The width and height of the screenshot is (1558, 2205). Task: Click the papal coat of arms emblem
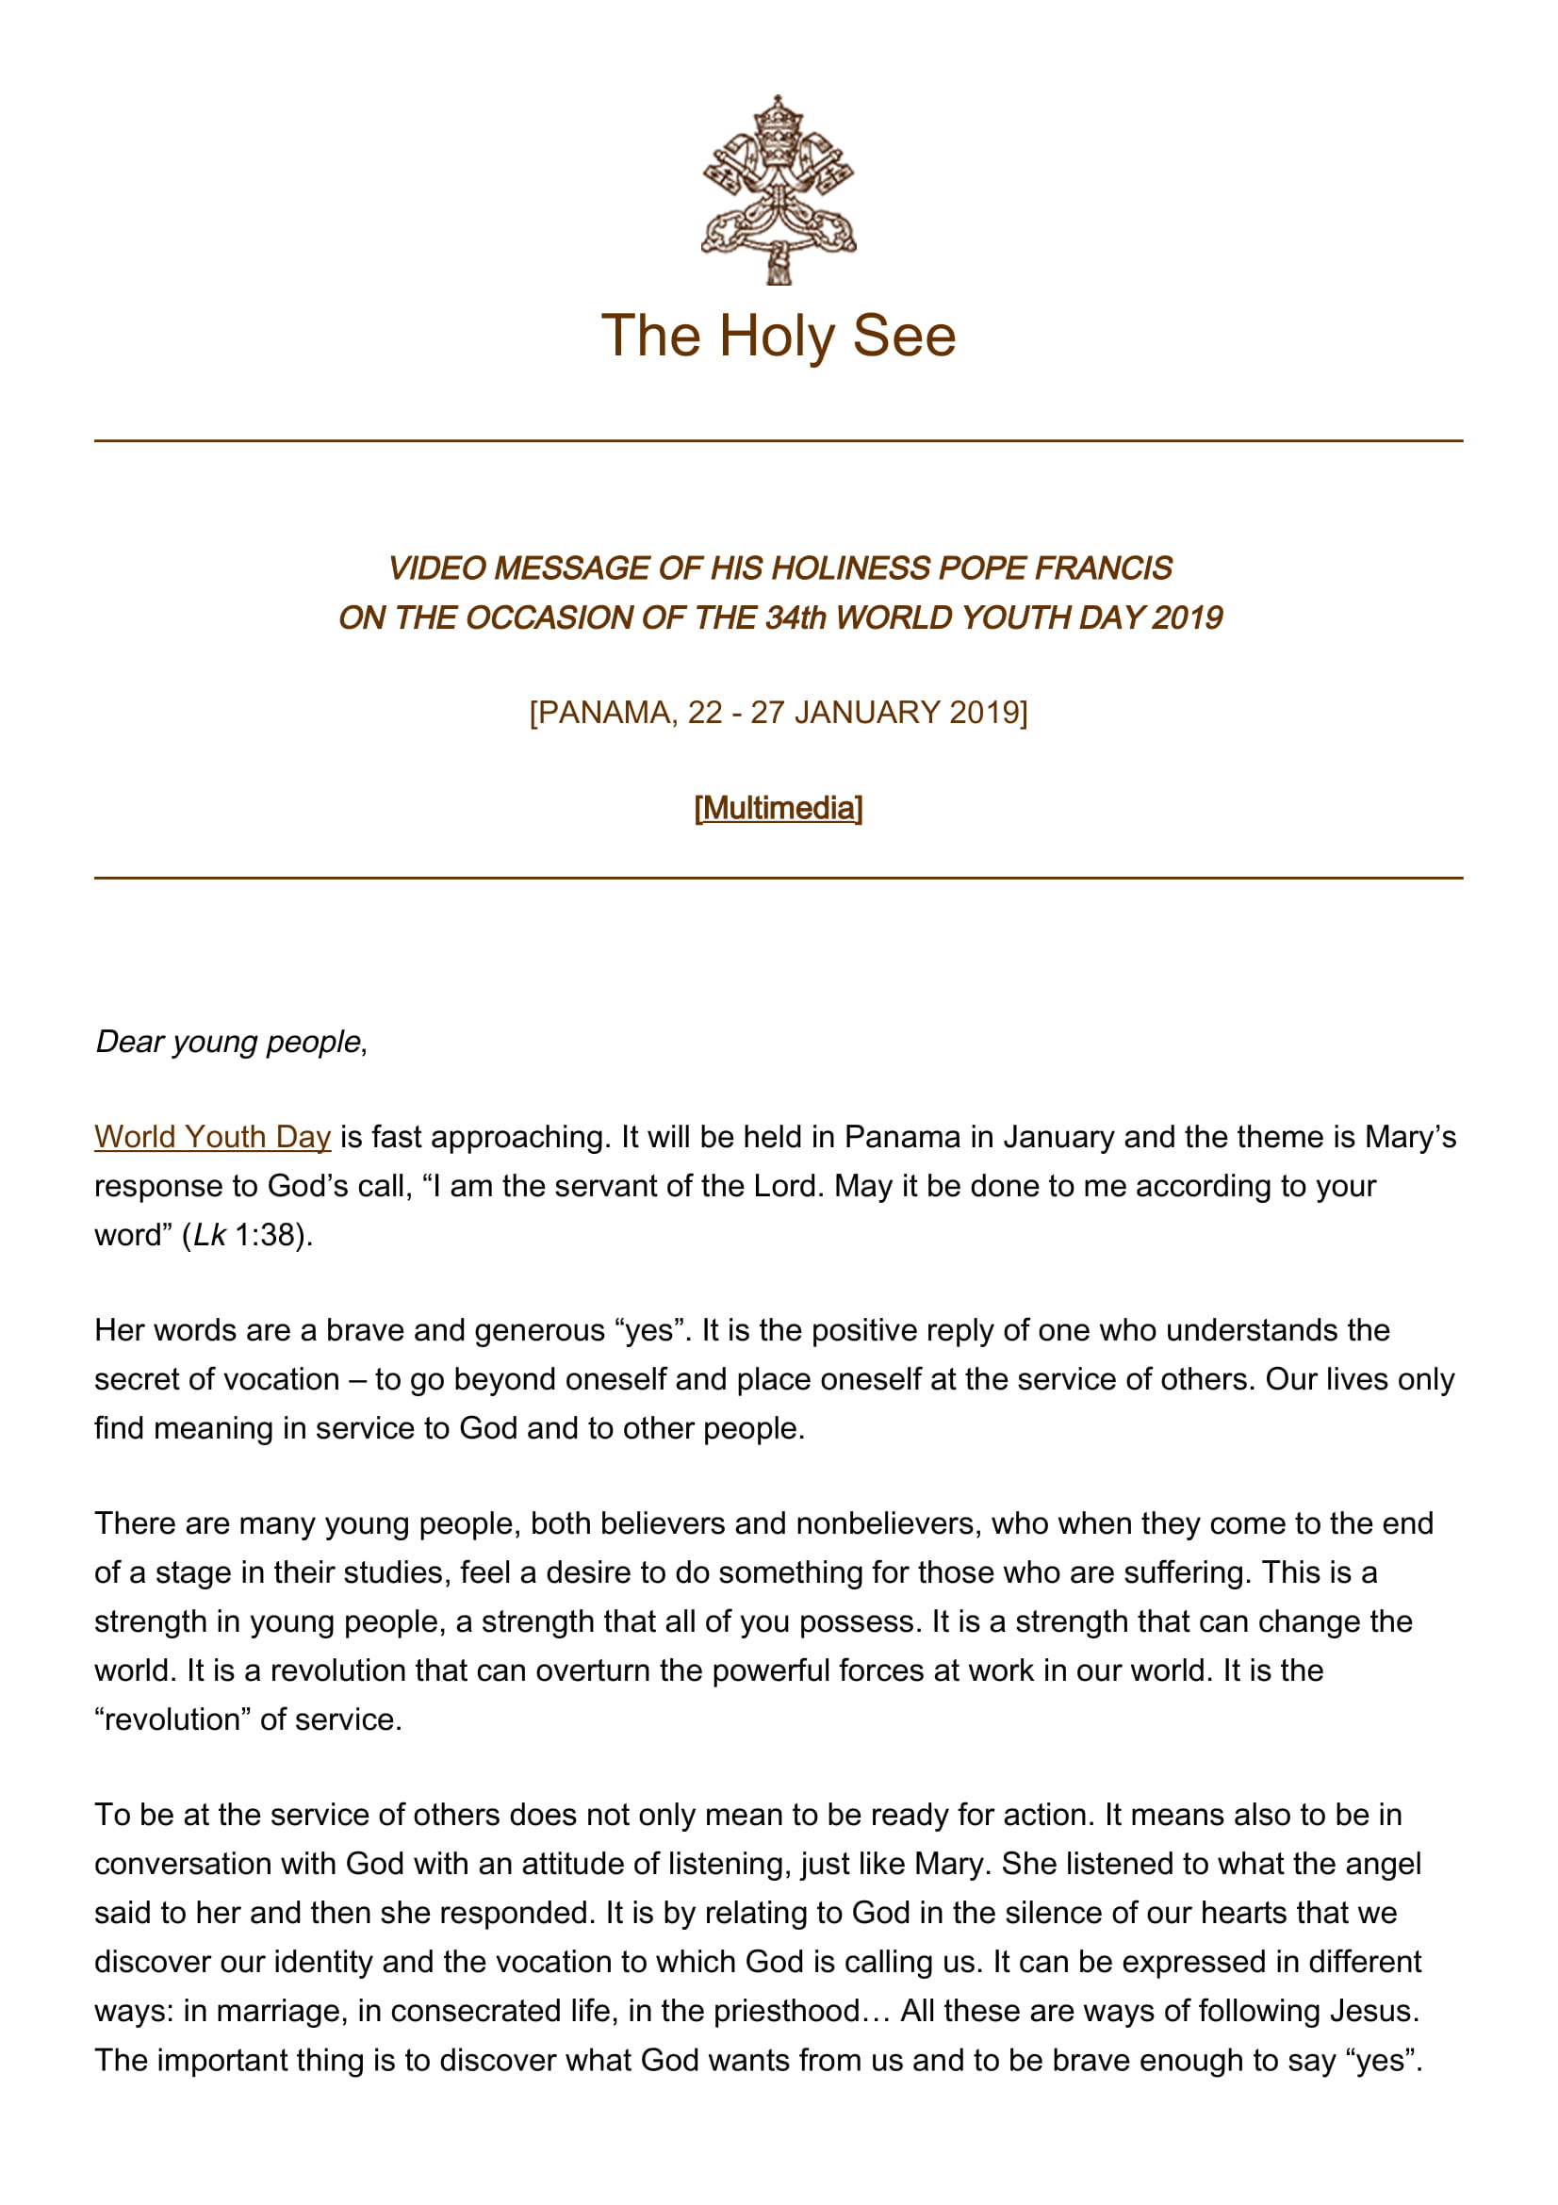tap(778, 189)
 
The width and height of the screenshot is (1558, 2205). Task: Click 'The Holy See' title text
tap(778, 337)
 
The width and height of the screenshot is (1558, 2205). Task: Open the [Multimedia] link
tap(778, 808)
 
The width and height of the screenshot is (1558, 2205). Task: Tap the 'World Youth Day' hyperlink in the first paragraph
tap(212, 1136)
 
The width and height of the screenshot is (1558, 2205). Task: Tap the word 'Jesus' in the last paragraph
tap(1370, 2010)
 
